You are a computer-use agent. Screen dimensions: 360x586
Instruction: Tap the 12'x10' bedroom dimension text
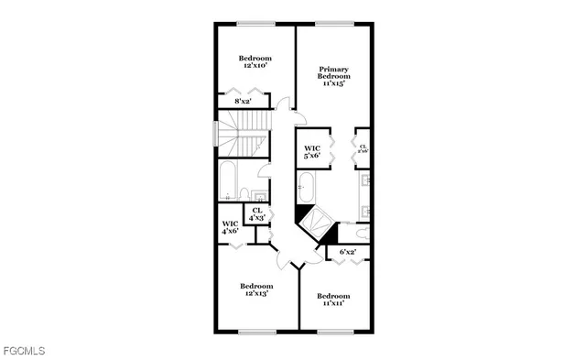tap(255, 66)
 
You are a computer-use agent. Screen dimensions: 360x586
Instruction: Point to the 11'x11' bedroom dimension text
tap(333, 303)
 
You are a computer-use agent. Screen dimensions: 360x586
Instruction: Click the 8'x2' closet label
tap(243, 101)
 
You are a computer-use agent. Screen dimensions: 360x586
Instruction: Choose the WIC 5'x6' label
tap(312, 151)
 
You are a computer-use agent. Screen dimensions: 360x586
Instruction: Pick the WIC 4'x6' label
tap(230, 227)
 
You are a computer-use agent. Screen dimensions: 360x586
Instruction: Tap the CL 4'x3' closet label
tap(257, 214)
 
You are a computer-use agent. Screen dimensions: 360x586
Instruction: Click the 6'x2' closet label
tap(348, 251)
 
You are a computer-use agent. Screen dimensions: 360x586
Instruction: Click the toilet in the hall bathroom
tap(245, 192)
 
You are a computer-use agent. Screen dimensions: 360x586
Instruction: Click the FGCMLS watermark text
tap(23, 350)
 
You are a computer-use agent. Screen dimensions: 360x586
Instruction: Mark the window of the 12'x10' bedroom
tap(255, 24)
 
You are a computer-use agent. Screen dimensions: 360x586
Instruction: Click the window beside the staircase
tap(215, 133)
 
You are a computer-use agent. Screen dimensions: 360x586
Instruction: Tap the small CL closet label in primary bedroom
tap(363, 148)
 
